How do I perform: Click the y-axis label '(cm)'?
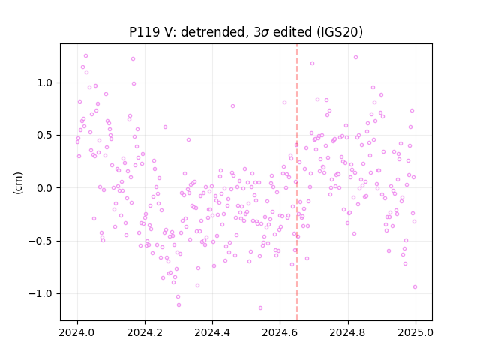click(18, 183)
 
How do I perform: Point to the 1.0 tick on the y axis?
click(46, 83)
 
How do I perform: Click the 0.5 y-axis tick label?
click(46, 136)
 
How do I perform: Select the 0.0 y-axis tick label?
click(46, 188)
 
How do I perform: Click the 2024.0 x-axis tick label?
click(77, 332)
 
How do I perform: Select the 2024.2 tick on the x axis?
click(145, 332)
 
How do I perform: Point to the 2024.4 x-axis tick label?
click(212, 332)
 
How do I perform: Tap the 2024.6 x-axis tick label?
click(280, 332)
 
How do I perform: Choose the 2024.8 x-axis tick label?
click(348, 332)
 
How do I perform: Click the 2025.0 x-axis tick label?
click(415, 332)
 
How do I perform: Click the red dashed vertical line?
click(297, 182)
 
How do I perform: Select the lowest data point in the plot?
click(260, 308)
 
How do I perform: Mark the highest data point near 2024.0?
click(85, 56)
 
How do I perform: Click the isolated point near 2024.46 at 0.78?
click(232, 106)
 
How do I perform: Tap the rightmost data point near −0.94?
click(415, 287)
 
